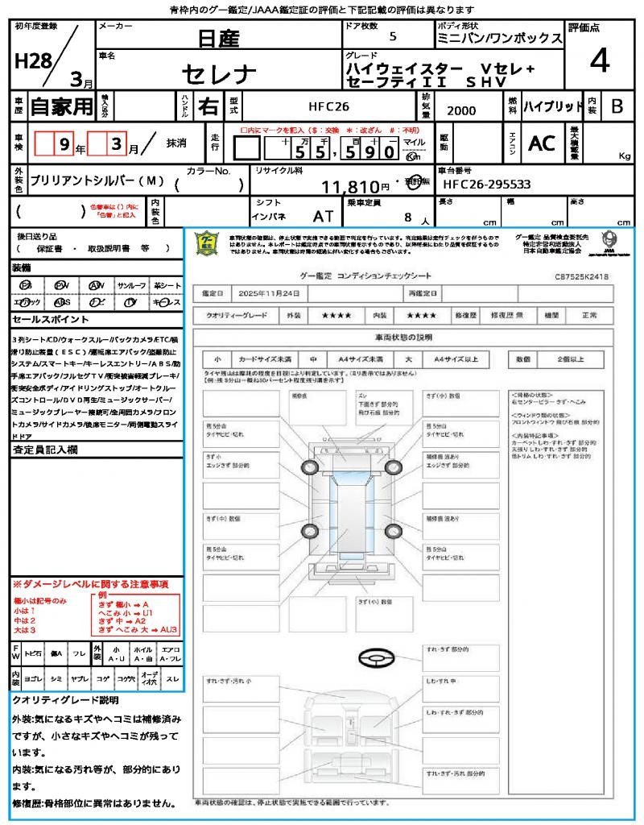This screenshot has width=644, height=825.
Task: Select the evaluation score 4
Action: coord(598,60)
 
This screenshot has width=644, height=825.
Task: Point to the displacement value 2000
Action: coord(461,111)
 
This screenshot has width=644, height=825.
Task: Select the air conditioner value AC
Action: coord(542,143)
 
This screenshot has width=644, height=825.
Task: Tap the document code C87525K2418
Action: coord(581,276)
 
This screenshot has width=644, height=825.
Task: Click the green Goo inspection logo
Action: coord(208,244)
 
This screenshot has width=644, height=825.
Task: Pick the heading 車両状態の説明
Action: coord(403,336)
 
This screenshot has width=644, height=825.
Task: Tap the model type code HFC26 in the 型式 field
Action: coord(328,106)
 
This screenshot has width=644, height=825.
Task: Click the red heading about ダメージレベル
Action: coord(90,583)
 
